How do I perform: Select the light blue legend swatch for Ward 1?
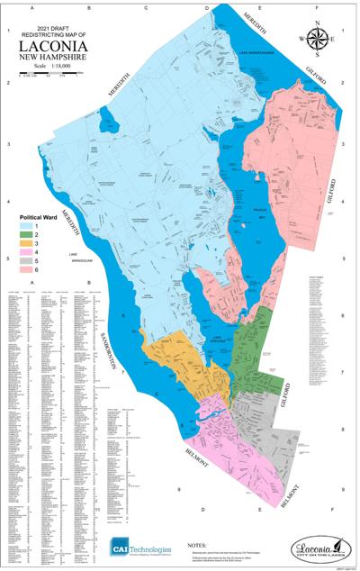[27, 226]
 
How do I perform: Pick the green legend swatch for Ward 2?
[27, 234]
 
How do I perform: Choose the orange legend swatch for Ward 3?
[27, 243]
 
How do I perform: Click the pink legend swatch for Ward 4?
[27, 251]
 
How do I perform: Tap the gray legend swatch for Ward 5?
[27, 260]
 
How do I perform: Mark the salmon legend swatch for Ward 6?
[27, 268]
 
